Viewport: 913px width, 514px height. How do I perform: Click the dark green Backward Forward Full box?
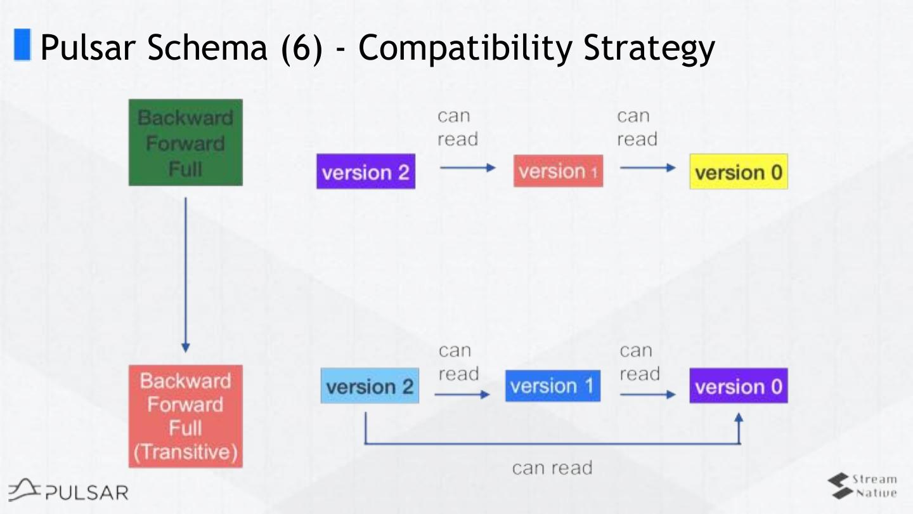(x=185, y=143)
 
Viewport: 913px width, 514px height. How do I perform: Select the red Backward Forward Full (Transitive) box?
(x=185, y=416)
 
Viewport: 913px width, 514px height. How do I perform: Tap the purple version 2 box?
(x=366, y=171)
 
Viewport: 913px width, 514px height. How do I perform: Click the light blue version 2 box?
(x=370, y=386)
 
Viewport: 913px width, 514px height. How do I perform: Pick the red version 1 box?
(x=558, y=171)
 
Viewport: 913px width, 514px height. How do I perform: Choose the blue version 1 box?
(x=552, y=386)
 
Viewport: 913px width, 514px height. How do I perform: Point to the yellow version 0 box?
(x=739, y=171)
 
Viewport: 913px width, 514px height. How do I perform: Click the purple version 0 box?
(x=739, y=386)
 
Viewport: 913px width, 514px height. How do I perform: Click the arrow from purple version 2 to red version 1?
(x=467, y=168)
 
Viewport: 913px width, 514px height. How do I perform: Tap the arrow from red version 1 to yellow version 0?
(x=648, y=168)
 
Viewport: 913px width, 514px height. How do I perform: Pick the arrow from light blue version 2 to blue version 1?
(x=462, y=394)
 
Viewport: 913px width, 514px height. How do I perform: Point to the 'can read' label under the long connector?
(x=552, y=468)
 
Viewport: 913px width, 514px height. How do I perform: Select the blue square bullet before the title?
(x=23, y=45)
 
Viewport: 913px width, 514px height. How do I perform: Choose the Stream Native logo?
(x=862, y=486)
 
